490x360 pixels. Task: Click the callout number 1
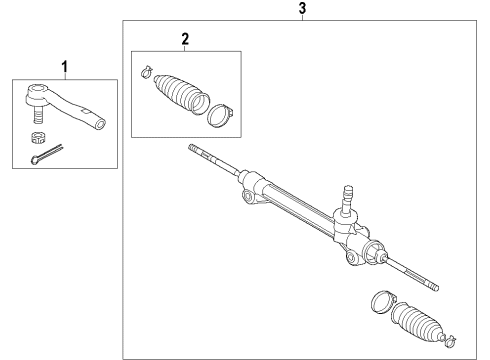67,67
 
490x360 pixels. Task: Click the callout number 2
185,39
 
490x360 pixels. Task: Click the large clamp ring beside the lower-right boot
381,299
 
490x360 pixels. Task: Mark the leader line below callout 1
67,78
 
